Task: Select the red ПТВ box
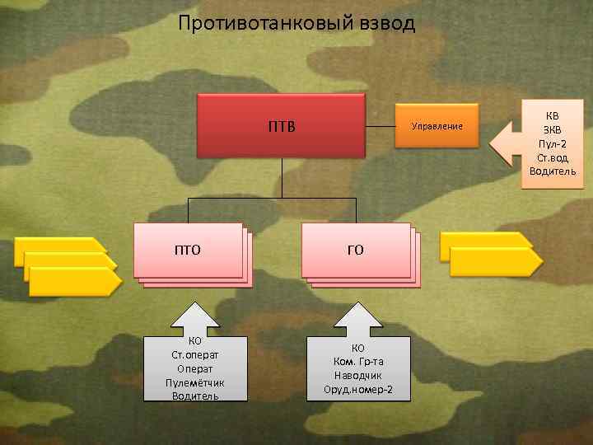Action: pos(281,126)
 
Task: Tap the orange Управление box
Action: pos(437,126)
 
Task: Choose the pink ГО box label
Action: pos(355,250)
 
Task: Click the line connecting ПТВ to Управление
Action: pos(380,126)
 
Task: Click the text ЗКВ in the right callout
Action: pos(552,129)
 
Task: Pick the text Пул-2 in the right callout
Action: pos(552,143)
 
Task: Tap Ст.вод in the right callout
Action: pos(552,157)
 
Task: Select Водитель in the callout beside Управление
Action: pos(552,171)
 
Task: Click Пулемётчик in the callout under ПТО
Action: pos(195,382)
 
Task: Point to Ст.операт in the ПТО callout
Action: pos(195,354)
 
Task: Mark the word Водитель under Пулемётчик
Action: pos(195,396)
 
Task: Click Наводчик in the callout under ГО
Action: pos(358,375)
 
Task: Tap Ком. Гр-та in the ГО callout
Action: pos(358,361)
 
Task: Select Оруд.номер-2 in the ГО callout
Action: pos(358,389)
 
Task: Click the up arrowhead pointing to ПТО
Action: pos(195,317)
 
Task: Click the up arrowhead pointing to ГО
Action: pos(358,317)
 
